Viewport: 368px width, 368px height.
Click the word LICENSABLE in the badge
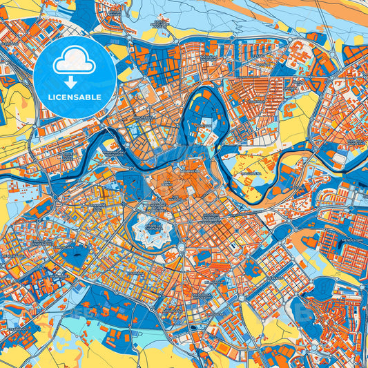pos(75,97)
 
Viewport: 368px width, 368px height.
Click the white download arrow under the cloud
pos(75,82)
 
